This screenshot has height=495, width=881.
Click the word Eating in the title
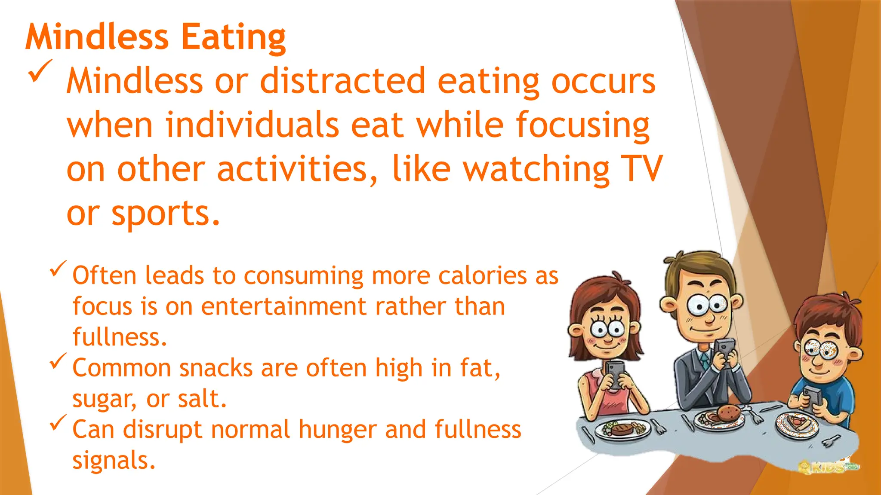click(233, 38)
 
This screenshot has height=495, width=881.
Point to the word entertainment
click(284, 306)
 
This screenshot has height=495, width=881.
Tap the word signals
click(113, 460)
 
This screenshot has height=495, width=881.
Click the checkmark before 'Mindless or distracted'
click(40, 71)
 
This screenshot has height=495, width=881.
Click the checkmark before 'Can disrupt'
click(58, 422)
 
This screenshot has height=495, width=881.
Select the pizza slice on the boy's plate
click(797, 422)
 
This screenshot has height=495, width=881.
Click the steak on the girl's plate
click(622, 428)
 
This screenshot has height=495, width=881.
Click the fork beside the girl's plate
click(657, 426)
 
